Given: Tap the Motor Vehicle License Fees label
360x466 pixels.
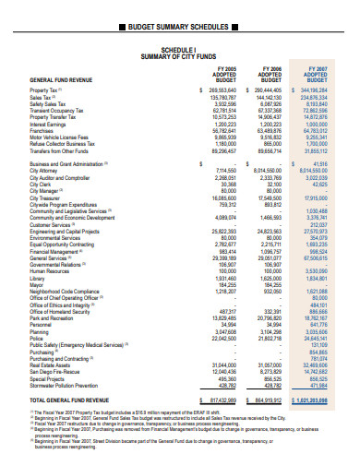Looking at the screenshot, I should [58, 137].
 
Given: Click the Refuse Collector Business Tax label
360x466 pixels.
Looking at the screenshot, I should [61, 143].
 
